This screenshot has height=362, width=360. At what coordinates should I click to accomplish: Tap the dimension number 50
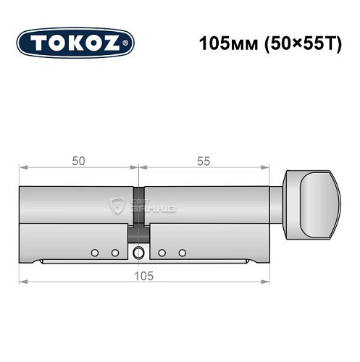(78, 161)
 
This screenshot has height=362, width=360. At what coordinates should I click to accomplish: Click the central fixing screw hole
(138, 252)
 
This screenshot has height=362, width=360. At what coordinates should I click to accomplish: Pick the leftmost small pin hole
(94, 252)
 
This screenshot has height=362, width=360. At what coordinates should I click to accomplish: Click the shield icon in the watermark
(117, 206)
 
